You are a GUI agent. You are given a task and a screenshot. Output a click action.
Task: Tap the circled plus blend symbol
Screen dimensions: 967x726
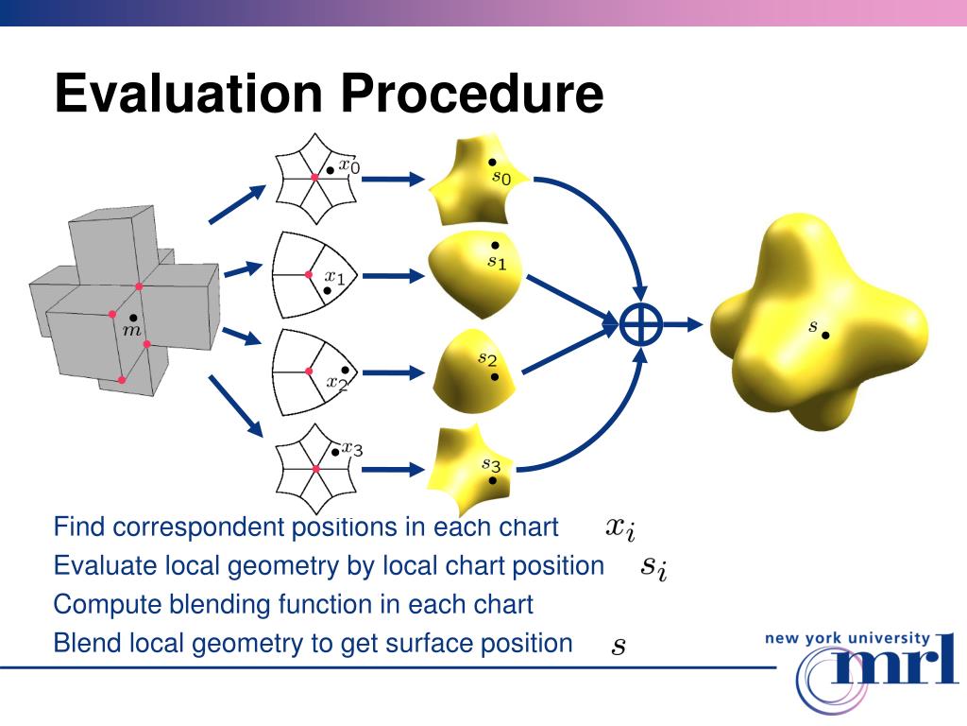point(641,325)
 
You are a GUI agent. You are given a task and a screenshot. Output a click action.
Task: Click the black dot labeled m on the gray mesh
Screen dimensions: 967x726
point(134,318)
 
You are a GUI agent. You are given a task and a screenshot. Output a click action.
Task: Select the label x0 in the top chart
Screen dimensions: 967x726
point(349,166)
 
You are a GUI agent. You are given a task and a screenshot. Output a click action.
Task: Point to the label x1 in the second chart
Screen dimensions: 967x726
point(335,277)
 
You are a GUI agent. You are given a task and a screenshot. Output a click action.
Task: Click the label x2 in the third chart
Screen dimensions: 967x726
point(337,383)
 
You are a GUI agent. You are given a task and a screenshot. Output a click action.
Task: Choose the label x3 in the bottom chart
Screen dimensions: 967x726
point(352,448)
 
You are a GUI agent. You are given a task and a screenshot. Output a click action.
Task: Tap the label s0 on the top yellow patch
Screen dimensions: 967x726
point(501,177)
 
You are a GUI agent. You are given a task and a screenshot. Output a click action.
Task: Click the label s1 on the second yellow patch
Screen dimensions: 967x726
point(497,262)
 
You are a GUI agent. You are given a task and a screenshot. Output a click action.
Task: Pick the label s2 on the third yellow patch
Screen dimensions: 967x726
point(486,359)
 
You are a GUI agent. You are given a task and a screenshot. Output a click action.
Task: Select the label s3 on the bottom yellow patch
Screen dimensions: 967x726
point(491,464)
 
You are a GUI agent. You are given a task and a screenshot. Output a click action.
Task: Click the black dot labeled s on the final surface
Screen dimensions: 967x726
point(825,335)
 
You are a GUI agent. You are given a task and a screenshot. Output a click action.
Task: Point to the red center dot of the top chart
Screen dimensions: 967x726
point(314,178)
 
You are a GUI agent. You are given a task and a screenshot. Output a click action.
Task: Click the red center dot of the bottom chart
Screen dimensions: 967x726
point(316,468)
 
